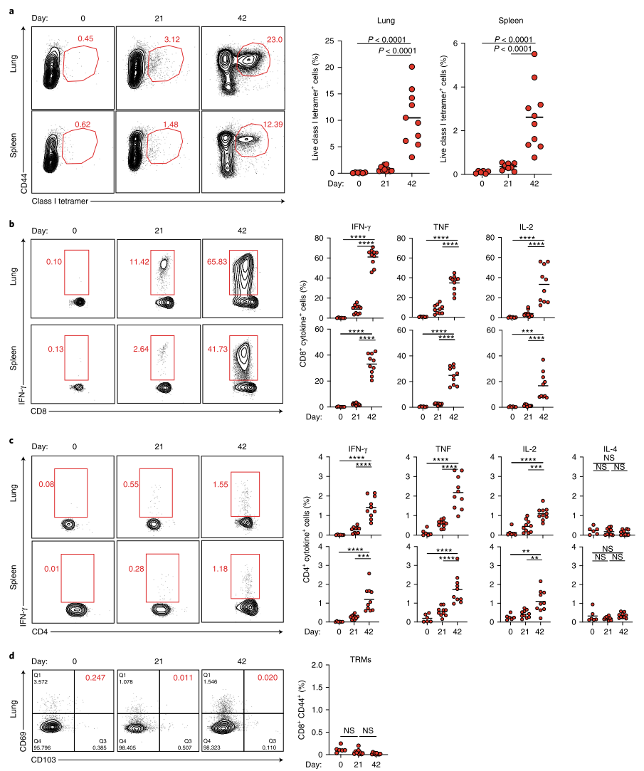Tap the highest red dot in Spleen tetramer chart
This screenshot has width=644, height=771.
pyautogui.click(x=534, y=54)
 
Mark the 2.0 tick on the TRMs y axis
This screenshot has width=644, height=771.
pyautogui.click(x=327, y=665)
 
